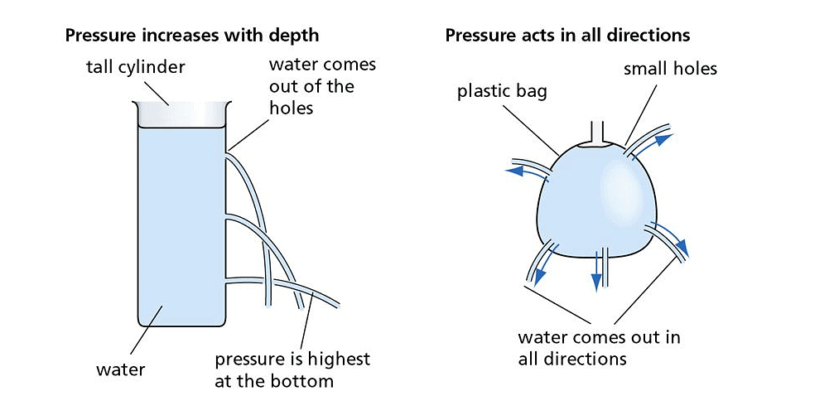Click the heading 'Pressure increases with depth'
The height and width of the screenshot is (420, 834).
pos(191,36)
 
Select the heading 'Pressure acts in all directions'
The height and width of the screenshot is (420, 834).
pos(567,36)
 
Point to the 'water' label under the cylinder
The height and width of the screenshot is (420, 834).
pos(120,369)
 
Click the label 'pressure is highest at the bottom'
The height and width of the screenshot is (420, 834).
pos(292,369)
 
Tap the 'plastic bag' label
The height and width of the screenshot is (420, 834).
pos(502,91)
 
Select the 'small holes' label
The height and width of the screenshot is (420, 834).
pos(669,69)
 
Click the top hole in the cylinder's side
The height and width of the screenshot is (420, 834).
pos(226,151)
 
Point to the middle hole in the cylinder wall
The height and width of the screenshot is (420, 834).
pos(226,218)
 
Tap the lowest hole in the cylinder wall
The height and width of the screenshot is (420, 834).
pos(226,279)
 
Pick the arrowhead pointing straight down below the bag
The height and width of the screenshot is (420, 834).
pos(595,282)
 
